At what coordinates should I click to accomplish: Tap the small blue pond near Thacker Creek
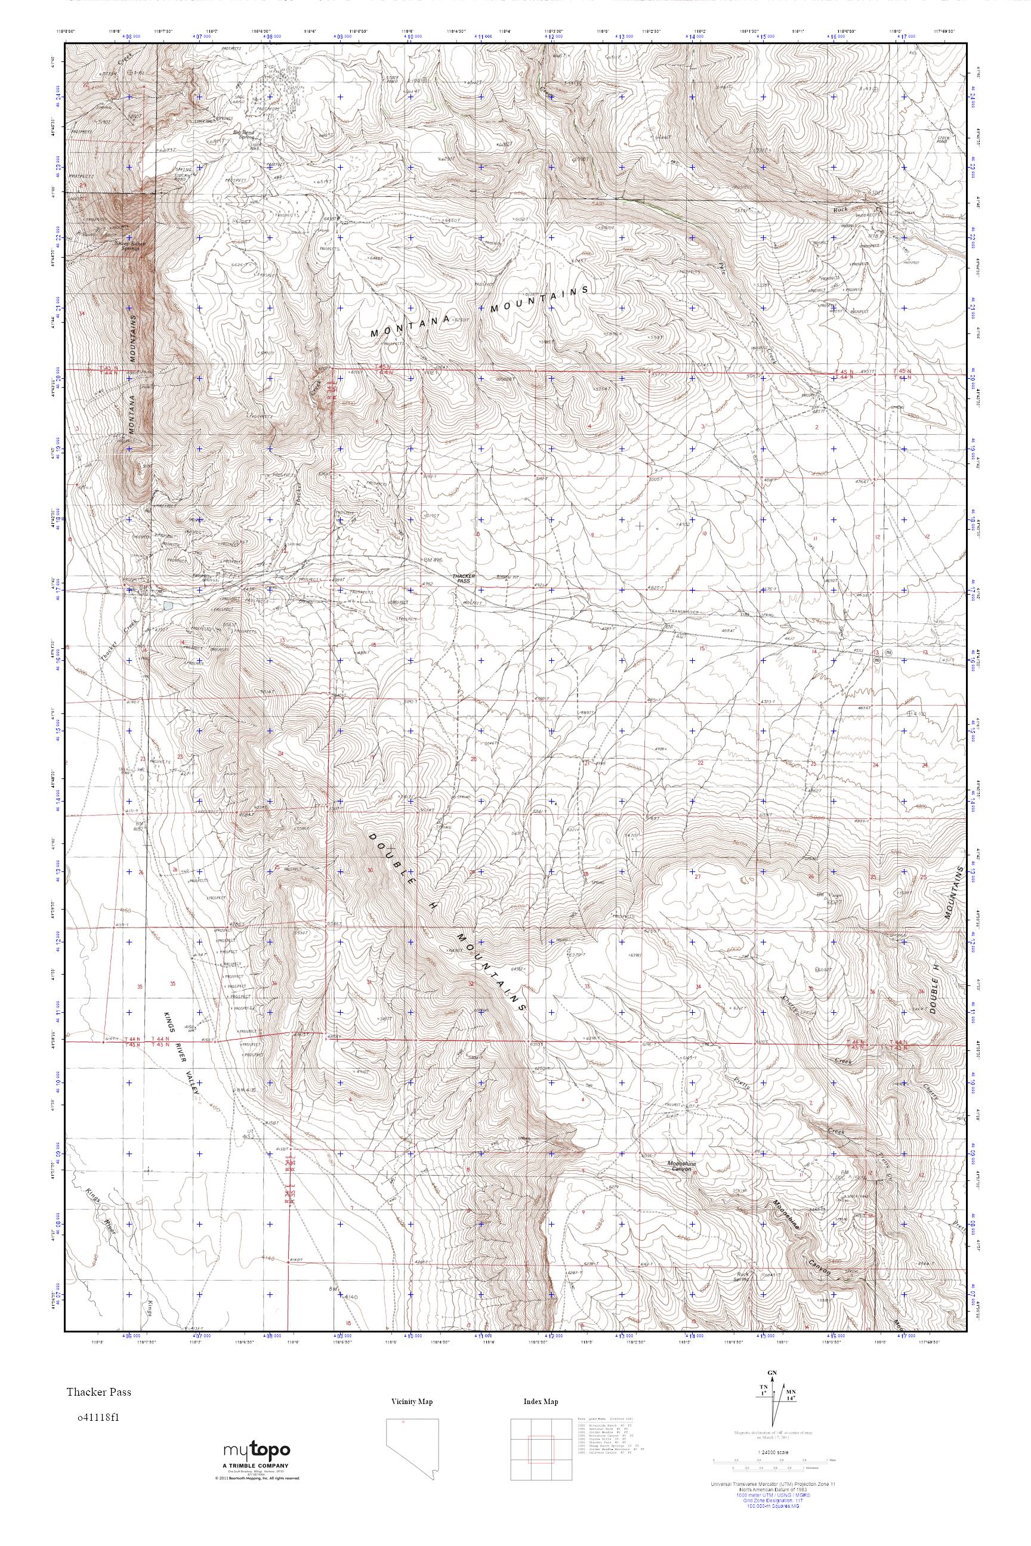(x=169, y=604)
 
